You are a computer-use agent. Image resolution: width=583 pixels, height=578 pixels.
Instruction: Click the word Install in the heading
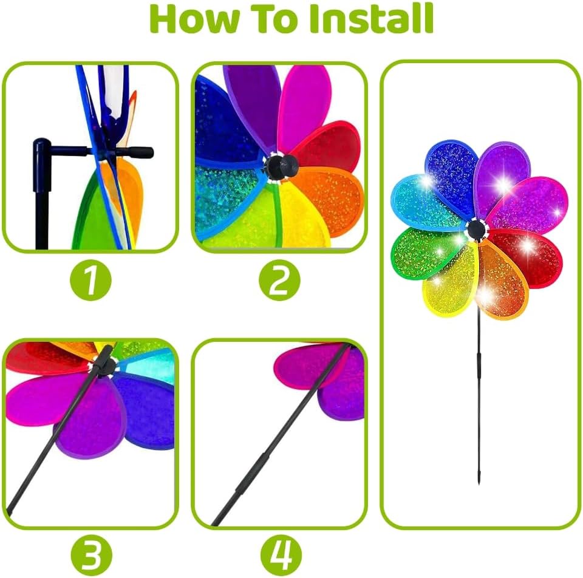(x=372, y=19)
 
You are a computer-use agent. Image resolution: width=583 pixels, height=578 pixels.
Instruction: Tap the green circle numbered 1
(x=90, y=280)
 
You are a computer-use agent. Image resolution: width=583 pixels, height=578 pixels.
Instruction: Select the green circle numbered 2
(x=279, y=280)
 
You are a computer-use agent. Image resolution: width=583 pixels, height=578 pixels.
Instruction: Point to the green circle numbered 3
(x=91, y=556)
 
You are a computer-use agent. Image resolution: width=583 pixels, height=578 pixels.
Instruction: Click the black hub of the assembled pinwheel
(x=476, y=229)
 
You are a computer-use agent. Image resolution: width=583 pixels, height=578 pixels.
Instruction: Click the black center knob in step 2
(x=281, y=166)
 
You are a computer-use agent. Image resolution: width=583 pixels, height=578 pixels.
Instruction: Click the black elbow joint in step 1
(x=42, y=147)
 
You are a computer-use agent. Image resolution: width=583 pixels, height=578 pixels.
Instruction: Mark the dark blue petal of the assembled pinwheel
(x=451, y=175)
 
